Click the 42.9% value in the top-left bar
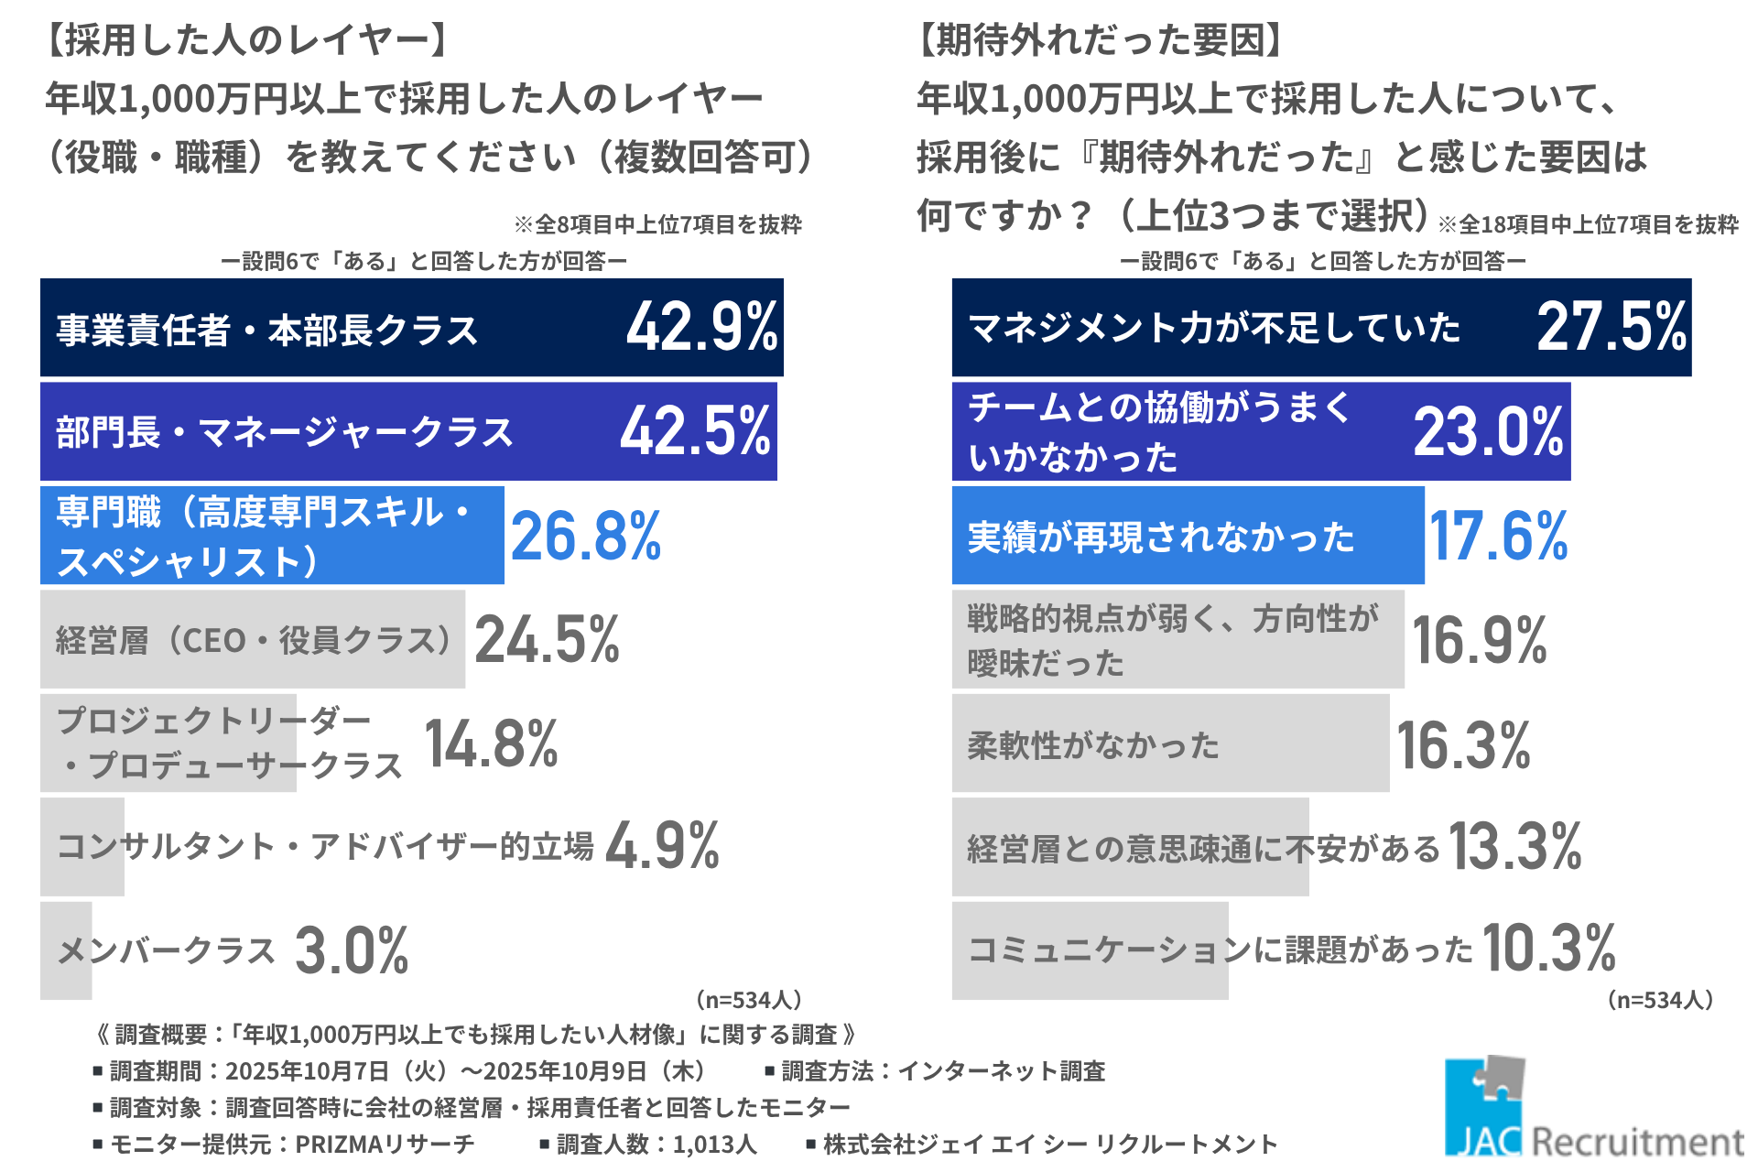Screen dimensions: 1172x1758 coord(701,327)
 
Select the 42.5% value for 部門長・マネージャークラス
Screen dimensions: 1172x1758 coord(695,431)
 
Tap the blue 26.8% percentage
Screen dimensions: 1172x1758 coord(586,536)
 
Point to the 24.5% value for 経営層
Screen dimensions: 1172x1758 coord(547,639)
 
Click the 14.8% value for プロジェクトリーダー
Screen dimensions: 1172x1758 coord(491,743)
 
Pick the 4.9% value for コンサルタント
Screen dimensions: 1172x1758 coord(662,846)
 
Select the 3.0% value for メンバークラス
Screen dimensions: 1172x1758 coord(352,950)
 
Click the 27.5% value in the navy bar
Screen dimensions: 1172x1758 coord(1611,327)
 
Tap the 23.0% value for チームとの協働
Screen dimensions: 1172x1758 coord(1489,431)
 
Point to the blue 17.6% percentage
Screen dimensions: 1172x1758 coord(1499,536)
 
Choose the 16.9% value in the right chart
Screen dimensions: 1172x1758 coord(1480,639)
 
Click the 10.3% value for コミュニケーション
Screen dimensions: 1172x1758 coord(1549,948)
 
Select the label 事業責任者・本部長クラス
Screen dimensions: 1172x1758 coord(267,331)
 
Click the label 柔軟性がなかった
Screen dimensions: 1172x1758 coord(1093,745)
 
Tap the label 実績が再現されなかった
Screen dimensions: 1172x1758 coord(1161,537)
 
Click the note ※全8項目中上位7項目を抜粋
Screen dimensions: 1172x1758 coord(657,224)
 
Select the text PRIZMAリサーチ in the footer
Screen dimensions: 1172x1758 coord(385,1144)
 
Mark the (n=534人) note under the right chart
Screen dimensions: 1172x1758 coord(1659,1000)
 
